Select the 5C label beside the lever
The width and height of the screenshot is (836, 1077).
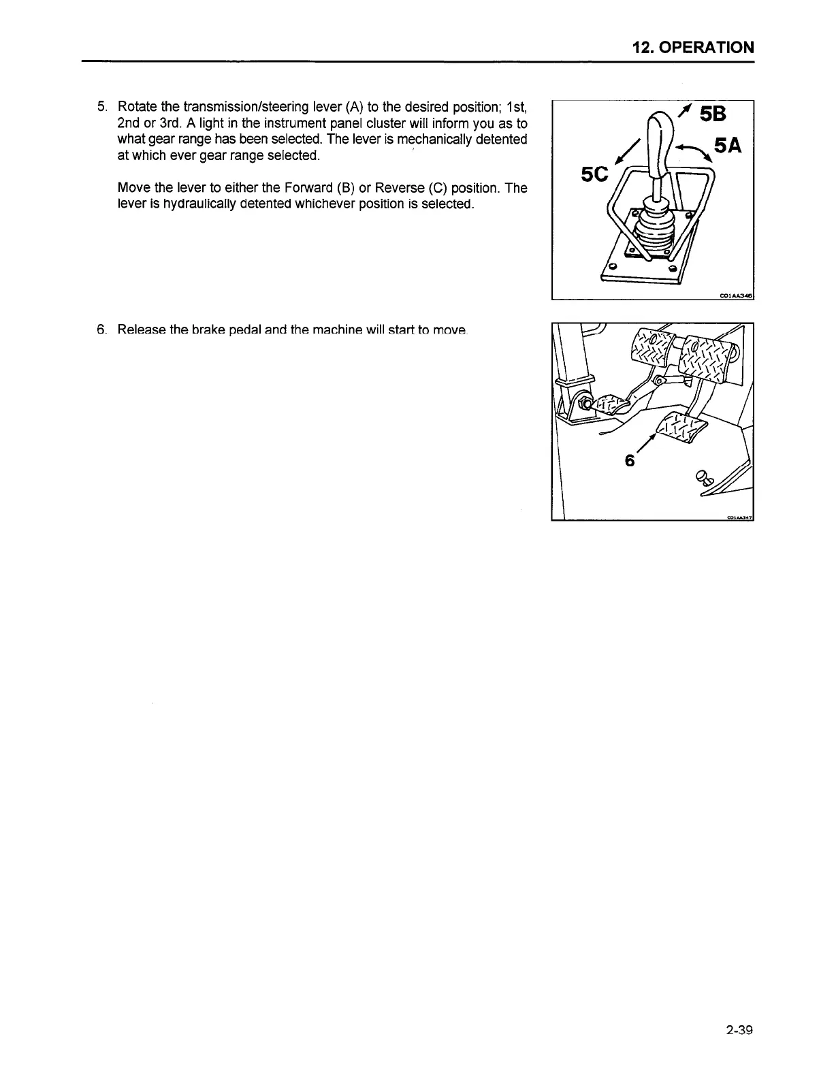[594, 174]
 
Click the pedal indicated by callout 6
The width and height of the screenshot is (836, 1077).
[677, 426]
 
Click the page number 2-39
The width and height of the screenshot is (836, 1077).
[739, 1030]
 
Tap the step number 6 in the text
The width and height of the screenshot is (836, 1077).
[101, 330]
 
